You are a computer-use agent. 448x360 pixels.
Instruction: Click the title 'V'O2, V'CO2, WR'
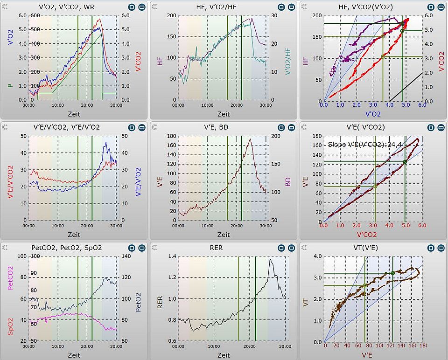pos(73,7)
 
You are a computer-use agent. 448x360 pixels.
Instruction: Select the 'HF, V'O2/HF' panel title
pos(223,7)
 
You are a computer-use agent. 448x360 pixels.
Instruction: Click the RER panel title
pos(223,248)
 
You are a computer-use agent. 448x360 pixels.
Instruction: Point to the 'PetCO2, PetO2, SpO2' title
pos(73,248)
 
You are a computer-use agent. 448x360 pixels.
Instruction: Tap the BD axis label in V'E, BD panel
pos(287,180)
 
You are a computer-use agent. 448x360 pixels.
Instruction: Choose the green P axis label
pos(9,86)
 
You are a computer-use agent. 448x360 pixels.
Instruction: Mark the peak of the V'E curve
pos(250,139)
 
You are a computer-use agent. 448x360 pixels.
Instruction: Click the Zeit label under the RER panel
pos(223,355)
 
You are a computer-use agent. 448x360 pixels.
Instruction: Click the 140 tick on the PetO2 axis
pos(126,256)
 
